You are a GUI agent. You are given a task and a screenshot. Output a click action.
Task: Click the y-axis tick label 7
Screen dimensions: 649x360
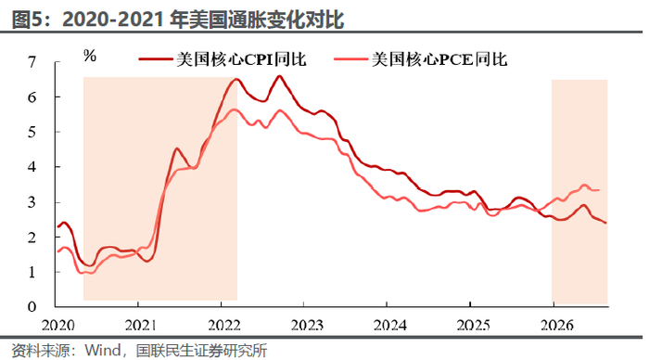point(32,62)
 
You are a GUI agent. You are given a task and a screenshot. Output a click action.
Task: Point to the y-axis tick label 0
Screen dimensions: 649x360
point(32,307)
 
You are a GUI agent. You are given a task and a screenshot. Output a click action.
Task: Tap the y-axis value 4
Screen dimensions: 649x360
point(32,167)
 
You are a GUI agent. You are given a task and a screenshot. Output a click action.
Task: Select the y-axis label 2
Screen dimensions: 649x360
point(32,237)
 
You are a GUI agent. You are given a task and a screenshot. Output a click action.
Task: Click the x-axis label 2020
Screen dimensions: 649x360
point(57,325)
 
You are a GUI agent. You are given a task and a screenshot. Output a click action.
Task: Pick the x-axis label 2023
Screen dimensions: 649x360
point(307,325)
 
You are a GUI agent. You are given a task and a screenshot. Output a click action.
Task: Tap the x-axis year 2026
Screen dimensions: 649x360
point(557,325)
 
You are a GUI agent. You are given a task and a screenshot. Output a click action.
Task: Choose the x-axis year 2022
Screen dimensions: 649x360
point(224,325)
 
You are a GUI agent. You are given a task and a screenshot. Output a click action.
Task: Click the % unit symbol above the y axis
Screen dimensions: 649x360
point(90,56)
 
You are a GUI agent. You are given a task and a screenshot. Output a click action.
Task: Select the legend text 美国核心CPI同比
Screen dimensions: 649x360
point(241,59)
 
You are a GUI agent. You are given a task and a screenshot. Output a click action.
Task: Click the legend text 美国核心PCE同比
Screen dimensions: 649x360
point(439,59)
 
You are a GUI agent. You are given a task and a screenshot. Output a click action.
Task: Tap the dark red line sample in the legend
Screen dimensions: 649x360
point(156,59)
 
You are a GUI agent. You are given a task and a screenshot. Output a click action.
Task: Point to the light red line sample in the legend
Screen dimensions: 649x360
point(350,59)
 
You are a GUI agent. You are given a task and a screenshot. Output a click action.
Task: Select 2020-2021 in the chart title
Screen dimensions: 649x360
point(113,19)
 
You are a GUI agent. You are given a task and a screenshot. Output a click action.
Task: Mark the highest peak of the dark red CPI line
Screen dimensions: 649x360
point(279,76)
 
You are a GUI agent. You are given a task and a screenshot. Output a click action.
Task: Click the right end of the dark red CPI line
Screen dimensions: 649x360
point(606,223)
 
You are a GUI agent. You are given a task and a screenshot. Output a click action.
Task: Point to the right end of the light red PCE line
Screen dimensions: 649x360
point(599,190)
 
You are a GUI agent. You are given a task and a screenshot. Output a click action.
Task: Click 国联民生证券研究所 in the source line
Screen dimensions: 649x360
point(201,351)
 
